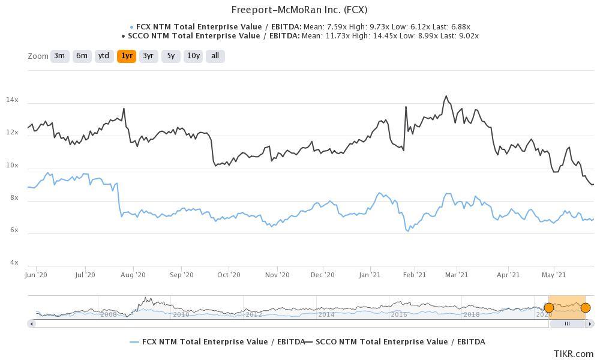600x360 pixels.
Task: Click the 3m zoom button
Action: coord(59,56)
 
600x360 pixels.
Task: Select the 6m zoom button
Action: coord(82,56)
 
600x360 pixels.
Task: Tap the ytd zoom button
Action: coord(104,56)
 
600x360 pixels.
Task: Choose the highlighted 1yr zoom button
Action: coord(127,56)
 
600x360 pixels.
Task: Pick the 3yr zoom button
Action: coord(149,56)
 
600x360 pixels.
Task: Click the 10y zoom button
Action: coord(193,56)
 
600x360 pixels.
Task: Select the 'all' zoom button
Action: coord(215,56)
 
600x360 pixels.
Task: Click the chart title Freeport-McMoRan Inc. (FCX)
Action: coord(299,10)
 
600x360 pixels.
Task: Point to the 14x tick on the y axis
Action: coord(13,100)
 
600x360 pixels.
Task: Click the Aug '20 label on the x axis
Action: coord(133,275)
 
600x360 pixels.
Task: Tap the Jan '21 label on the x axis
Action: coord(369,275)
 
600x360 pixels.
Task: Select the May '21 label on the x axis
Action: coord(553,275)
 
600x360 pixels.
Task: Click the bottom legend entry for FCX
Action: coord(217,342)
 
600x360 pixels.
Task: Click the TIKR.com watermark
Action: coord(574,354)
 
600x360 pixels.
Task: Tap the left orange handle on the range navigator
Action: coord(548,308)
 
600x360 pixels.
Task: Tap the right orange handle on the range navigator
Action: coord(586,308)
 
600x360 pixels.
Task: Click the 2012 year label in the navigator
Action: coord(253,314)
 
